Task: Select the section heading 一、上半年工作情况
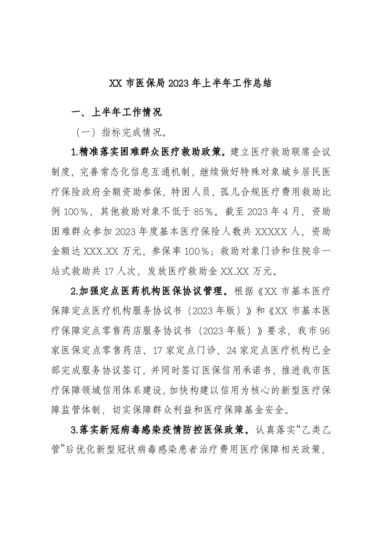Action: pyautogui.click(x=116, y=113)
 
